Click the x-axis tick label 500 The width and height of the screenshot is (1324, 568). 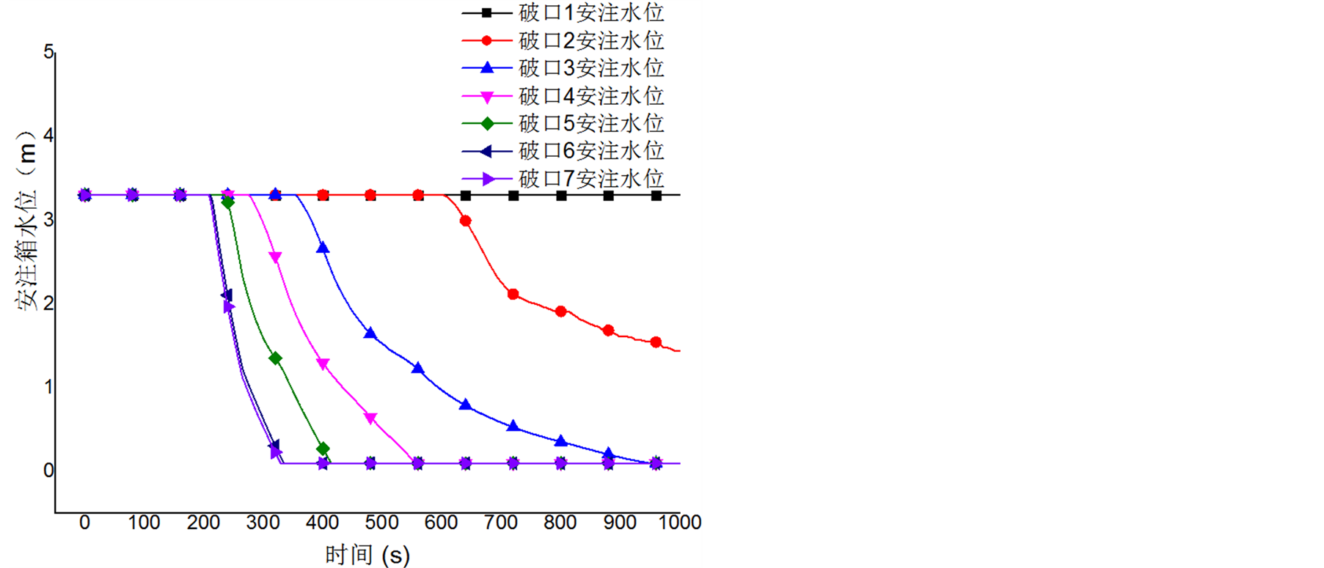tap(381, 523)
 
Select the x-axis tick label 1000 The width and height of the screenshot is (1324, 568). tap(680, 523)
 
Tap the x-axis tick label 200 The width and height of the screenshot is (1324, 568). tap(203, 523)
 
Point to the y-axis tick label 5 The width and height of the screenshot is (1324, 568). tap(48, 52)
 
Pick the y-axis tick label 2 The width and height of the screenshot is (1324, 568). tap(48, 303)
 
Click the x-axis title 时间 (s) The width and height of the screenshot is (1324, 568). tap(367, 555)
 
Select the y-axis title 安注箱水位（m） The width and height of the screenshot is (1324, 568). tap(26, 220)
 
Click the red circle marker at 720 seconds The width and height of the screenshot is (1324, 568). tap(513, 295)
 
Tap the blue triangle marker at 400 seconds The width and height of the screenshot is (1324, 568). tap(323, 248)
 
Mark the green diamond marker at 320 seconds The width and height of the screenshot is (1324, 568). tap(275, 358)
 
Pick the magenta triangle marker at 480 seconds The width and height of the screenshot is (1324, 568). tap(370, 418)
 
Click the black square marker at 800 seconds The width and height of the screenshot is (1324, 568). tap(561, 196)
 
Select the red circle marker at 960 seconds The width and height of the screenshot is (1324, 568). tap(656, 342)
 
